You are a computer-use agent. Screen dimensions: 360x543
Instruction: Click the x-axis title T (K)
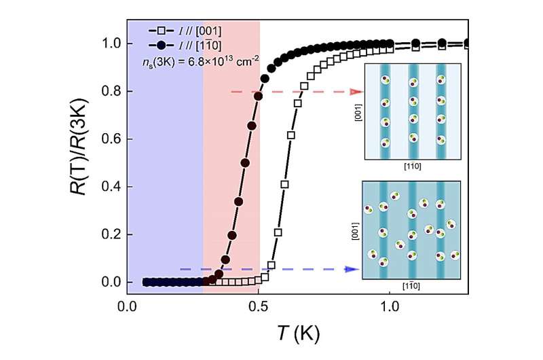click(297, 334)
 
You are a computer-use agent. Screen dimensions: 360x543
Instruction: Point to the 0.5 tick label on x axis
click(259, 308)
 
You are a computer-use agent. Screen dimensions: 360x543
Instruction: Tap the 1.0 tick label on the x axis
click(390, 308)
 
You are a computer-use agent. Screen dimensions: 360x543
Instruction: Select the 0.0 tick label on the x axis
click(127, 308)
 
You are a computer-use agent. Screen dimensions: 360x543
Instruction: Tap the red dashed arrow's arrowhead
click(356, 91)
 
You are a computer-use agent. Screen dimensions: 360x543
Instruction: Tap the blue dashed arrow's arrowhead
click(354, 269)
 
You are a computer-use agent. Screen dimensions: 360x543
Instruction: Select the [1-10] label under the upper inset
click(412, 166)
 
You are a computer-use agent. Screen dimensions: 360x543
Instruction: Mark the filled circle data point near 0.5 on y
click(245, 163)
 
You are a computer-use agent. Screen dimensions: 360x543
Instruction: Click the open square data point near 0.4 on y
click(284, 184)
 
